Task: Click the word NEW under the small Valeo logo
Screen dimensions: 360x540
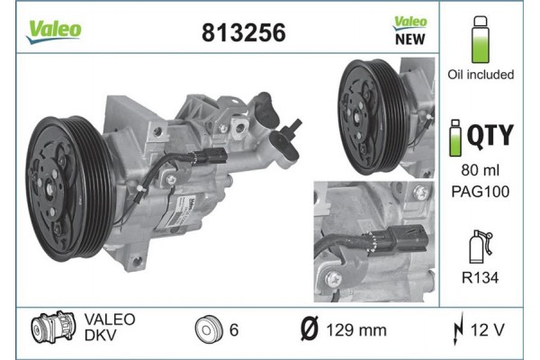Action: pyautogui.click(x=410, y=39)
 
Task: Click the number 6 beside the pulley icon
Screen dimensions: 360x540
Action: pyautogui.click(x=233, y=330)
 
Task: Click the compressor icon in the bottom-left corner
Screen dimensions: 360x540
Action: pyautogui.click(x=49, y=330)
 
